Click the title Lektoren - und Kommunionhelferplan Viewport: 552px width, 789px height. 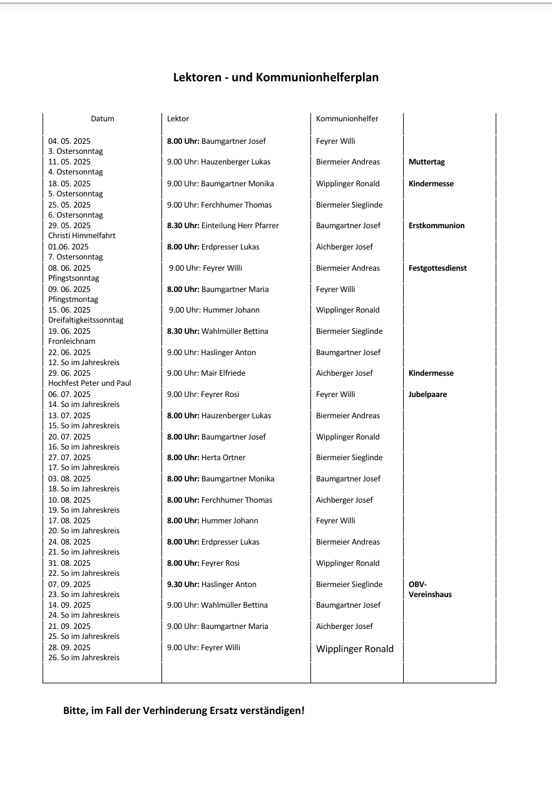tap(275, 78)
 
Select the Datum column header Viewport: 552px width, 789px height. tap(103, 119)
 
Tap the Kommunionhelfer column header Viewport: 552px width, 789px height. tap(347, 119)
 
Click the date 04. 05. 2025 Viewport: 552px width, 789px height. tap(69, 141)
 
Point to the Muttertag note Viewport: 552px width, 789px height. tap(426, 162)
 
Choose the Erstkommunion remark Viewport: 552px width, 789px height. tap(436, 226)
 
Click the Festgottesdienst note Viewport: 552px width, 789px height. tap(437, 268)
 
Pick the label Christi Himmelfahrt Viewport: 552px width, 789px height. tap(82, 236)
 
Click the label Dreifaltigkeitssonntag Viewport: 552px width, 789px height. tap(86, 320)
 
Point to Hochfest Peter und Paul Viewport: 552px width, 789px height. tap(89, 383)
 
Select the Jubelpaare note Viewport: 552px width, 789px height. tap(427, 394)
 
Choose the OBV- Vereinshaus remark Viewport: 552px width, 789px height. tap(430, 590)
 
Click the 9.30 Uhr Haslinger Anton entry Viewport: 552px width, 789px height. tap(212, 585)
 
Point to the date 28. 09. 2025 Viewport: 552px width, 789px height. tap(69, 648)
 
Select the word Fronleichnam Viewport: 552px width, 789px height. tap(72, 341)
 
